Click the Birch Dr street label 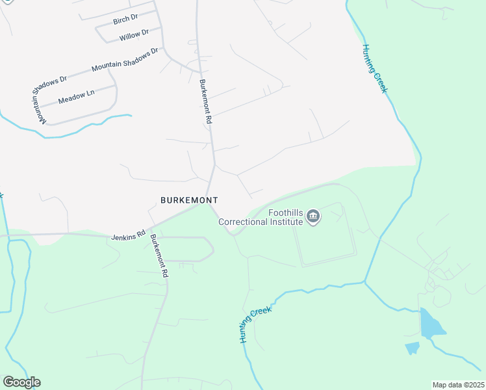pos(125,19)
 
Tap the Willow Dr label pos(134,35)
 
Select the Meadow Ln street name pos(76,97)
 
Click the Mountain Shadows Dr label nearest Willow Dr pos(125,59)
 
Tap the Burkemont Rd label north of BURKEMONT pos(206,102)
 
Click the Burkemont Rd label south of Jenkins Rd pos(159,257)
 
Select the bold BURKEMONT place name pos(189,200)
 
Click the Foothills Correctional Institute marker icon pos(313,216)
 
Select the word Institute pos(287,222)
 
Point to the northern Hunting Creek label pos(375,68)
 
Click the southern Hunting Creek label pos(254,324)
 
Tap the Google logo pos(21,382)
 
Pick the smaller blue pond pos(412,348)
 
